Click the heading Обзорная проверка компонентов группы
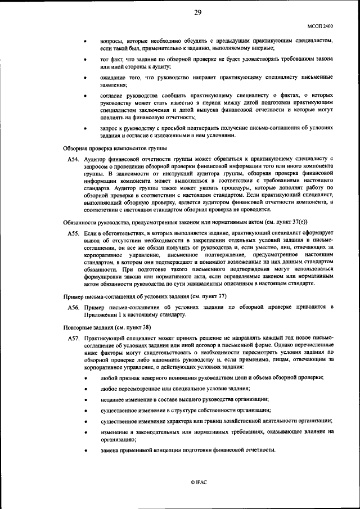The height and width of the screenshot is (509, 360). (x=110, y=148)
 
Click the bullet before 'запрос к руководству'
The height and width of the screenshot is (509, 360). (x=85, y=128)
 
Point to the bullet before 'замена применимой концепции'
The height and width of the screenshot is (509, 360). (x=85, y=451)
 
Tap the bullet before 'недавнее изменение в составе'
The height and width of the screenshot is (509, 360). (x=85, y=399)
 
